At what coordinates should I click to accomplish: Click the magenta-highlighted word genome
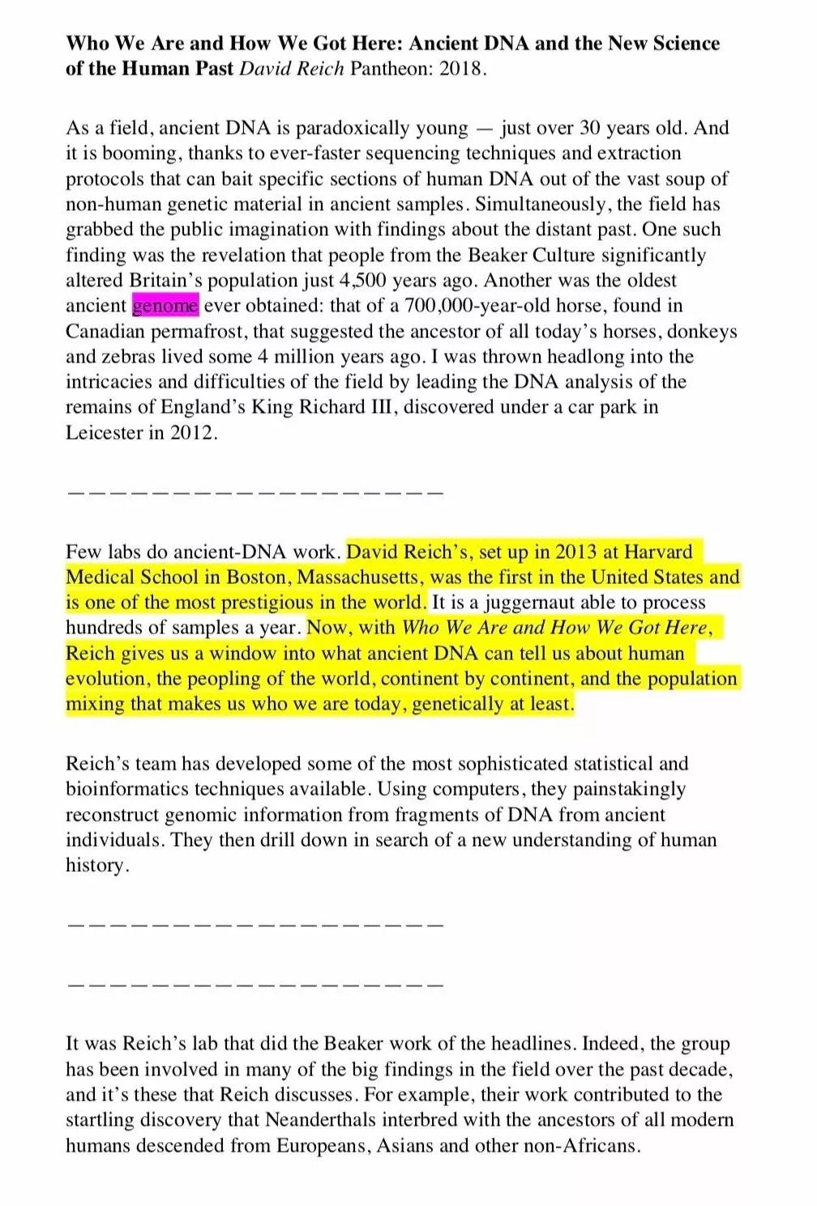tap(165, 306)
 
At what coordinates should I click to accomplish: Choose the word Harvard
tap(659, 552)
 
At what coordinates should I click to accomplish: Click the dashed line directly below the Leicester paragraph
tap(255, 492)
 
